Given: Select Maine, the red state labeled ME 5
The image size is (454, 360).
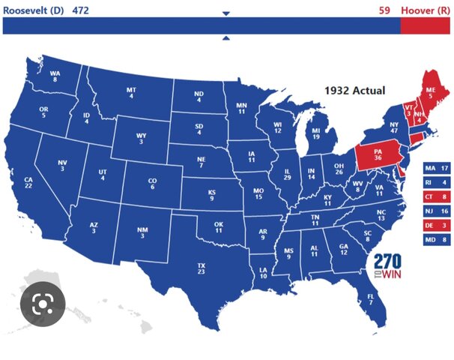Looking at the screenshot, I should pyautogui.click(x=431, y=91).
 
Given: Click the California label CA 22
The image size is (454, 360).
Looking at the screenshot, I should pyautogui.click(x=28, y=182).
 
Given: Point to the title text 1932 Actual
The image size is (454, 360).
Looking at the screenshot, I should pyautogui.click(x=354, y=91).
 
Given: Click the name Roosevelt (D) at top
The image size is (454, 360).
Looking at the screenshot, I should pyautogui.click(x=33, y=10).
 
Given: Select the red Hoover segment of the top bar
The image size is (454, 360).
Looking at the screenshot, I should pyautogui.click(x=426, y=26).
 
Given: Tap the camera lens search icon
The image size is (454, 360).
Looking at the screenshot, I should pyautogui.click(x=43, y=304).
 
